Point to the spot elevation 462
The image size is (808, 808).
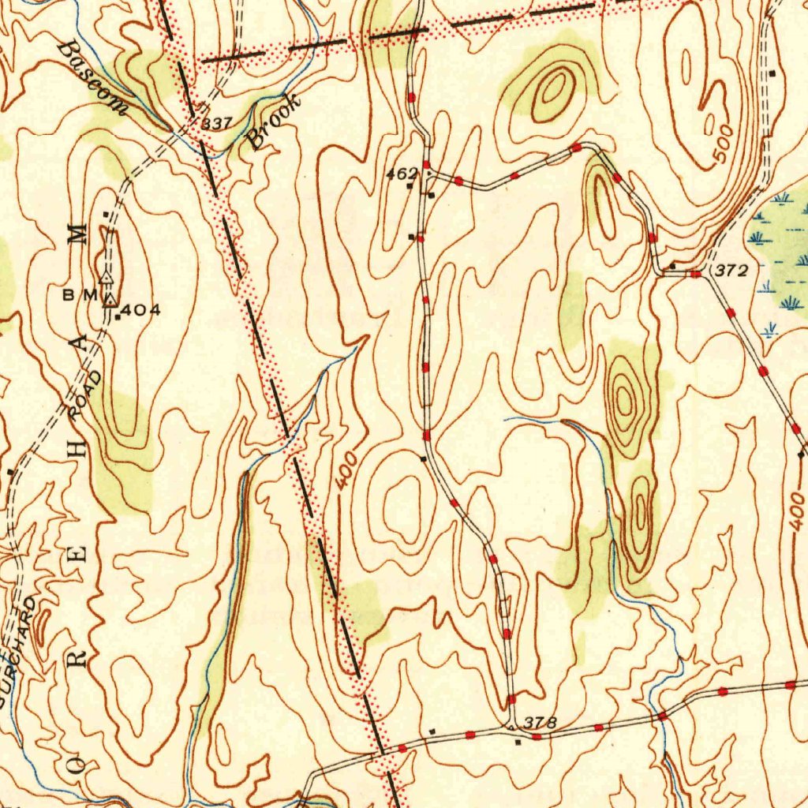point(401,172)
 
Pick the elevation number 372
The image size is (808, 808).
point(731,271)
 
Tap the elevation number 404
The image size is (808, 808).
point(143,310)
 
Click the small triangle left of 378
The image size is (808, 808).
point(511,724)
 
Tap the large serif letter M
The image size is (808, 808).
point(77,233)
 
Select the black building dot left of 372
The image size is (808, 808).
point(672,266)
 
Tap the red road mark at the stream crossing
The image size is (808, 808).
point(662,716)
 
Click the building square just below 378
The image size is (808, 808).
point(518,743)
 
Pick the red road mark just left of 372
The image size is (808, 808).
point(695,274)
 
